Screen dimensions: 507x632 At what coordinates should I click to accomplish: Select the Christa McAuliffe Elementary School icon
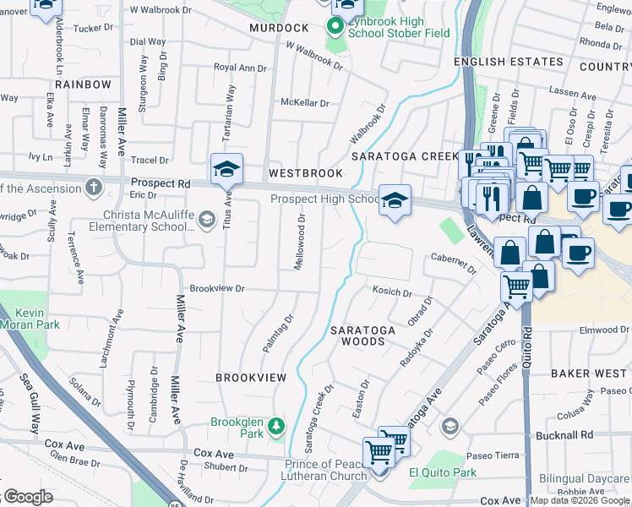[x=206, y=221]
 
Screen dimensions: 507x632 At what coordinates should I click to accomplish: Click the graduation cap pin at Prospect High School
[x=395, y=201]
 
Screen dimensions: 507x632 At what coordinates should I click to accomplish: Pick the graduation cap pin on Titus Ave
[x=226, y=170]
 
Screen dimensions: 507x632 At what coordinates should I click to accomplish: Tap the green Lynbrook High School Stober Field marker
[x=335, y=26]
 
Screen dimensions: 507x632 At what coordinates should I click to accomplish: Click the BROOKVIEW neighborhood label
[x=251, y=377]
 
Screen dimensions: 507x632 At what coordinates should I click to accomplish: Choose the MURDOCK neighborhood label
[x=275, y=28]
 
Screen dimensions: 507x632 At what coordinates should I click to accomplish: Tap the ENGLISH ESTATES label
[x=508, y=62]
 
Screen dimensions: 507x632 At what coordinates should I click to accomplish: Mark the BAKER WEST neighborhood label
[x=590, y=373]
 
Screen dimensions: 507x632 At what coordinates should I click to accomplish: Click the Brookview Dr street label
[x=217, y=289]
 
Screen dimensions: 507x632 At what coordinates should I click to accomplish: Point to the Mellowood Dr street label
[x=299, y=242]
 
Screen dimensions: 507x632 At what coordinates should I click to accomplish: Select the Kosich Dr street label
[x=392, y=293]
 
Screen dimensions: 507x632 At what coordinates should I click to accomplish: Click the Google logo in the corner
[x=27, y=498]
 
